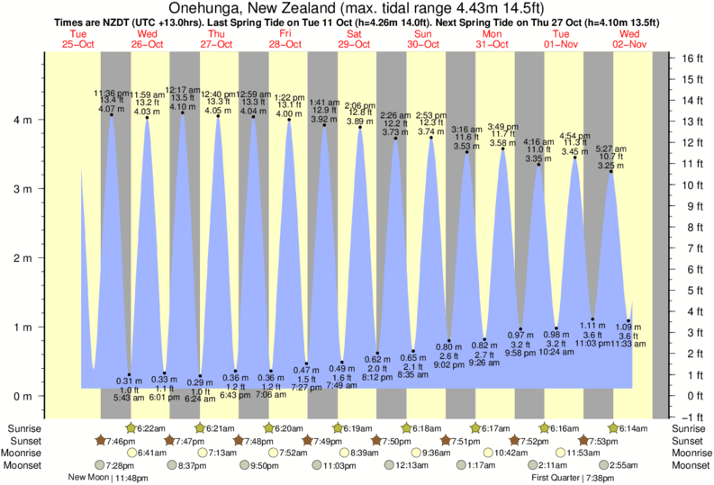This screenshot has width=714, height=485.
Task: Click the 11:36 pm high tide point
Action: coord(112,114)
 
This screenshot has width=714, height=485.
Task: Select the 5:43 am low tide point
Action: coord(129,374)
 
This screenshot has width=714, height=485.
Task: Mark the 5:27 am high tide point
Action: coord(611,172)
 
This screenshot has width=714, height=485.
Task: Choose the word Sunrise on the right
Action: coord(690,428)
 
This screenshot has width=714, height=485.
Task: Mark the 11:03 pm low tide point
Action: coord(592,319)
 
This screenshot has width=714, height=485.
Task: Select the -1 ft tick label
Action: coord(691,417)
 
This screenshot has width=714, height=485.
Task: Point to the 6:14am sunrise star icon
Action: coord(614,428)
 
